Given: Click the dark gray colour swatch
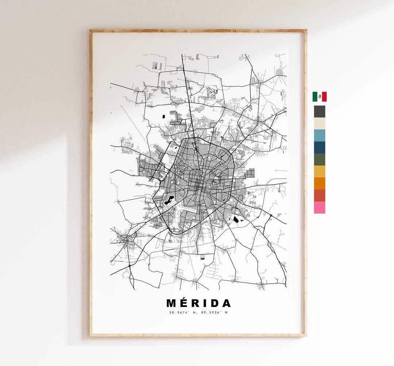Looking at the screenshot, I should click(319, 112).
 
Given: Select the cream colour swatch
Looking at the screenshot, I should click(319, 124).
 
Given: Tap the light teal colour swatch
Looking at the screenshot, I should click(319, 136).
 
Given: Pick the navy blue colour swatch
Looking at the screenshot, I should click(319, 148).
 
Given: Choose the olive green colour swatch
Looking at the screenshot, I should click(319, 160).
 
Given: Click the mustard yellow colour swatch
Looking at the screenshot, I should click(319, 172).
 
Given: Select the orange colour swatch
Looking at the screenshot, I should click(319, 183).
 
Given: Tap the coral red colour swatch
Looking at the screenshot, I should click(319, 195).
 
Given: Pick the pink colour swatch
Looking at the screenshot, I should click(319, 207).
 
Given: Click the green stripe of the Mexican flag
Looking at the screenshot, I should click(314, 97).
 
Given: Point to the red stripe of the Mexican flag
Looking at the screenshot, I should click(324, 97).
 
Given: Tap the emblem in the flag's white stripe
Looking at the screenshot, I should click(320, 97).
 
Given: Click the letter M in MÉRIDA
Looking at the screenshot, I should click(171, 304).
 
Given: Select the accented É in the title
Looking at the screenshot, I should click(184, 303).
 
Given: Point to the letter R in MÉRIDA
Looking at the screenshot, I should click(196, 304).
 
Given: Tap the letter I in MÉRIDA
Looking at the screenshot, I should click(205, 304).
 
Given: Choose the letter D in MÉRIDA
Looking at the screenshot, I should click(214, 304).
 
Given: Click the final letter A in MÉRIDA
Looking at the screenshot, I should click(226, 304).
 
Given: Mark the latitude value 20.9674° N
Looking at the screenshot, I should click(182, 312).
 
